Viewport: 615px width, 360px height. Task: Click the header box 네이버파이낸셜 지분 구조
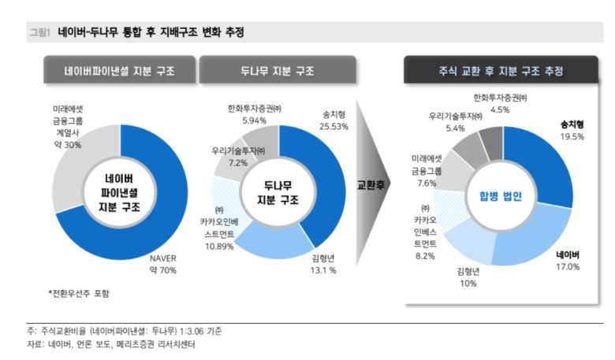tap(120, 72)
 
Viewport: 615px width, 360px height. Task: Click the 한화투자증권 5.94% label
tap(253, 115)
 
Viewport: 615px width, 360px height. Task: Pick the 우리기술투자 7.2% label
tap(237, 155)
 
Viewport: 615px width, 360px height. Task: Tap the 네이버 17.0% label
tap(568, 262)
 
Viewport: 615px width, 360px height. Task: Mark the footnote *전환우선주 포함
tap(79, 293)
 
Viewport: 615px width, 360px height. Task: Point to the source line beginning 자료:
tap(110, 344)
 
